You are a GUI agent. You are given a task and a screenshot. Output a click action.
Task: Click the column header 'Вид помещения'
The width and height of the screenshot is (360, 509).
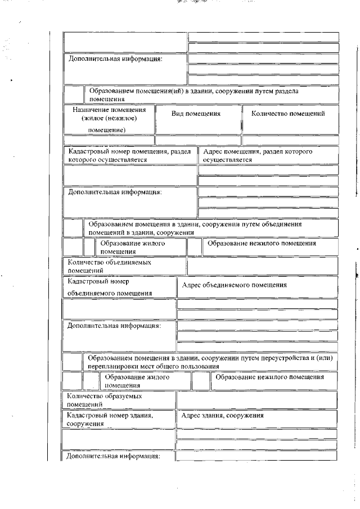[x=196, y=114]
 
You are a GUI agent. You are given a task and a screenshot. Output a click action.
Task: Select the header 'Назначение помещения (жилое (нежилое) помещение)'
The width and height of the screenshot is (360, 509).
[x=109, y=119]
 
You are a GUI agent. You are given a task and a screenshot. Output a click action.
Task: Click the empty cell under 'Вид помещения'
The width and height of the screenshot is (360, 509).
[x=197, y=140]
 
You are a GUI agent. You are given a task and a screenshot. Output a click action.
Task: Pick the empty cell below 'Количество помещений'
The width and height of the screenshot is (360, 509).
[x=290, y=140]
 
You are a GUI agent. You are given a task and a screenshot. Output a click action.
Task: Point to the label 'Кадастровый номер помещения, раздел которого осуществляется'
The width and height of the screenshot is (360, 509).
[x=129, y=156]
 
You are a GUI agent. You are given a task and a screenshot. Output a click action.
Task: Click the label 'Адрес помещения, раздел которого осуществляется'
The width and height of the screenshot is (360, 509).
[x=268, y=156]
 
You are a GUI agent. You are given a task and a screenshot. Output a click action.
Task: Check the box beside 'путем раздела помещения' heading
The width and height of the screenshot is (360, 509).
[x=74, y=95]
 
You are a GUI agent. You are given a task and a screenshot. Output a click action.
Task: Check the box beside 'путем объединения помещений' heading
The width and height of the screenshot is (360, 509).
[x=73, y=228]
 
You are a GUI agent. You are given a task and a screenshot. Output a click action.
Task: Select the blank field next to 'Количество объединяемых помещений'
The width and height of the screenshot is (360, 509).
[x=262, y=266]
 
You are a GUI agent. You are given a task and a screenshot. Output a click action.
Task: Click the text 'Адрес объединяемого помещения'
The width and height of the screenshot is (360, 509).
[x=235, y=285]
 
